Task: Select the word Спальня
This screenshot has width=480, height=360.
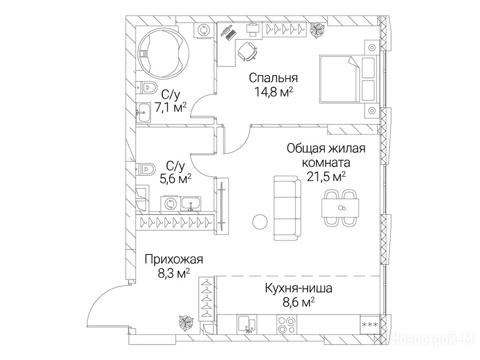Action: tap(273, 78)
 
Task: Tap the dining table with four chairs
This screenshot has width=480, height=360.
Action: tap(340, 208)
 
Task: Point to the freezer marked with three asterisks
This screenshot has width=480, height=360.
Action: tap(370, 324)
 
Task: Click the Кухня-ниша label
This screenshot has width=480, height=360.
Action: tap(298, 288)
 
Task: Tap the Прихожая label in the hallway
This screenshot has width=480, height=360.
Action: tap(173, 259)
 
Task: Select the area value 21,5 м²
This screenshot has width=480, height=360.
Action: tap(326, 177)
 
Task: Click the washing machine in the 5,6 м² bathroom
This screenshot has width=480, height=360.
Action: tap(170, 203)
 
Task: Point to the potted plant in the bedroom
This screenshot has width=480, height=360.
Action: tap(317, 30)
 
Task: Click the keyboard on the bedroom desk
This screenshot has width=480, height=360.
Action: tap(231, 35)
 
